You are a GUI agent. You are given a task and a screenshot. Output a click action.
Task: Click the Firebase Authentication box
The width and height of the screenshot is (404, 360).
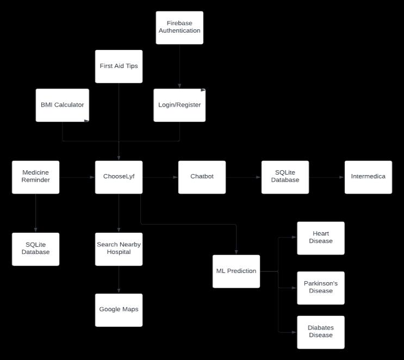tap(179, 28)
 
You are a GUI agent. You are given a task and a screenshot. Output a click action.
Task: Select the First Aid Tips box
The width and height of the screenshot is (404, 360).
tap(119, 66)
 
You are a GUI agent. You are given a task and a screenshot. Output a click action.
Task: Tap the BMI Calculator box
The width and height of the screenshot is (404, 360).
tap(62, 105)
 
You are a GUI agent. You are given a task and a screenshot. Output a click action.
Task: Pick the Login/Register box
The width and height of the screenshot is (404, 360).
tap(179, 105)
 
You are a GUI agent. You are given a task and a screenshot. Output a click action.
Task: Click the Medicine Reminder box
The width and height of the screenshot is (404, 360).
tap(36, 177)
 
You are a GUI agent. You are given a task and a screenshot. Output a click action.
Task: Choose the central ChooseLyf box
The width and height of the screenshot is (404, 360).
tap(119, 177)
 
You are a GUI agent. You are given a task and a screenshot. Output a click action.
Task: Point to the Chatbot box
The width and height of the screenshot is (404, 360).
tap(202, 177)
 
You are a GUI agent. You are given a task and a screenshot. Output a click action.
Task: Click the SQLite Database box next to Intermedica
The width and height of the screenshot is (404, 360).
tap(285, 177)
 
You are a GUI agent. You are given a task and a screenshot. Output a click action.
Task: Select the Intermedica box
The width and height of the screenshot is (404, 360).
tap(368, 177)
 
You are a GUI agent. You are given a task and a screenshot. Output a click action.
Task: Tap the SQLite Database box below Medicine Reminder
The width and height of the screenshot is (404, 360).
tap(36, 249)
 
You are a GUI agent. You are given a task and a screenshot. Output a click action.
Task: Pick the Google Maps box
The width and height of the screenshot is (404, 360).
tap(119, 310)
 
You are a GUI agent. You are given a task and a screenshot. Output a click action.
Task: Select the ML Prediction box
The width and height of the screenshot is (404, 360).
tap(236, 271)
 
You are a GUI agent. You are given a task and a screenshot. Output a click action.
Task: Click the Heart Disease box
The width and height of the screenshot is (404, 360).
tap(321, 238)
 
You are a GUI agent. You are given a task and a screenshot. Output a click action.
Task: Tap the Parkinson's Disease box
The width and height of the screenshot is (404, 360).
tap(321, 288)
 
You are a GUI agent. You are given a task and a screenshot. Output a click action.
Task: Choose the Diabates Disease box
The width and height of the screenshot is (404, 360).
tap(321, 332)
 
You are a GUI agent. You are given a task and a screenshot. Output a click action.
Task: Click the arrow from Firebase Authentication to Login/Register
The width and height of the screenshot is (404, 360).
tap(179, 66)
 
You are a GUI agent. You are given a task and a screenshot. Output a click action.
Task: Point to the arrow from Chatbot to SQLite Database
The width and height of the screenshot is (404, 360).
tap(243, 177)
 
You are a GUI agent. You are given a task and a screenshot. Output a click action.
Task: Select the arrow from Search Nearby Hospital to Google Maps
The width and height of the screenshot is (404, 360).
tap(119, 280)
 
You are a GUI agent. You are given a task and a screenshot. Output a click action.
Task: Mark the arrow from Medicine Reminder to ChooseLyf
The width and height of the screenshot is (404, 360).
tap(77, 177)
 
